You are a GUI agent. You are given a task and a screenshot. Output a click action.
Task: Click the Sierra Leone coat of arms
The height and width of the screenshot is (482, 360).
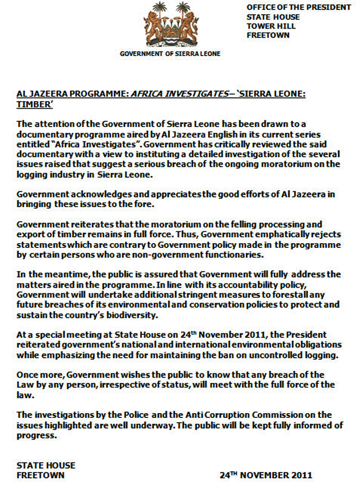click(170, 24)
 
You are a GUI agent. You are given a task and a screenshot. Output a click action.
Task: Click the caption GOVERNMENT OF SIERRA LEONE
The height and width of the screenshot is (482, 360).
click(170, 53)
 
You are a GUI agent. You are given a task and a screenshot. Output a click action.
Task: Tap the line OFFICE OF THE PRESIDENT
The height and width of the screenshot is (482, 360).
click(299, 7)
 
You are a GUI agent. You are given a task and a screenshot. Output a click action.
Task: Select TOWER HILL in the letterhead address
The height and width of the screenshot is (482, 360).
click(271, 26)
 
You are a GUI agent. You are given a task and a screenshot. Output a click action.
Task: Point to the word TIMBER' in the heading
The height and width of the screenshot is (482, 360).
click(34, 105)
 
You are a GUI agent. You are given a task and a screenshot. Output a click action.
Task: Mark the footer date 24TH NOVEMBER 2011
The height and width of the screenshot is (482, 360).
click(266, 475)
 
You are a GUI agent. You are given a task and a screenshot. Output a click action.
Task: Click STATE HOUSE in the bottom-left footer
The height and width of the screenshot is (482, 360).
click(46, 466)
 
